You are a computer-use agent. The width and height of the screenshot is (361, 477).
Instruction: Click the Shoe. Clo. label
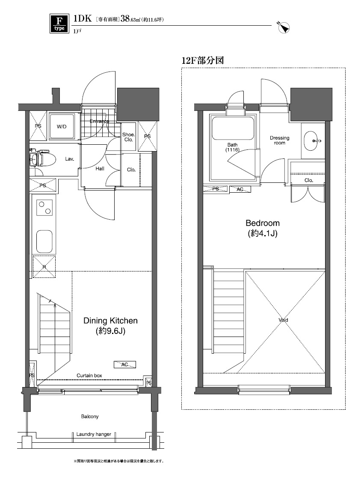click(128, 137)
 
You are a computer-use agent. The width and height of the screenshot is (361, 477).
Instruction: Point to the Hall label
click(100, 169)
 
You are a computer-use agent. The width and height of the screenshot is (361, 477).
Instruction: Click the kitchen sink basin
click(44, 242)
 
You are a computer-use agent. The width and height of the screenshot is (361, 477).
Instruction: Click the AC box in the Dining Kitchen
click(125, 364)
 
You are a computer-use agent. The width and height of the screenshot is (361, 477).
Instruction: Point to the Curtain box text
click(89, 376)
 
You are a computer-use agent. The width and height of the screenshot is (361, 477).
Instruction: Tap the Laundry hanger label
click(94, 434)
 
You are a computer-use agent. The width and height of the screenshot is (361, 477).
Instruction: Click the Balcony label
click(90, 416)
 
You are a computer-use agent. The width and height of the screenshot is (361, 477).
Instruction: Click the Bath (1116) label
click(233, 147)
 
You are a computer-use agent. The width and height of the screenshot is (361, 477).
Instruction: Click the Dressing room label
click(279, 140)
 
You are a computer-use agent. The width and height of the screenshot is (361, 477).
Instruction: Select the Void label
click(283, 320)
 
